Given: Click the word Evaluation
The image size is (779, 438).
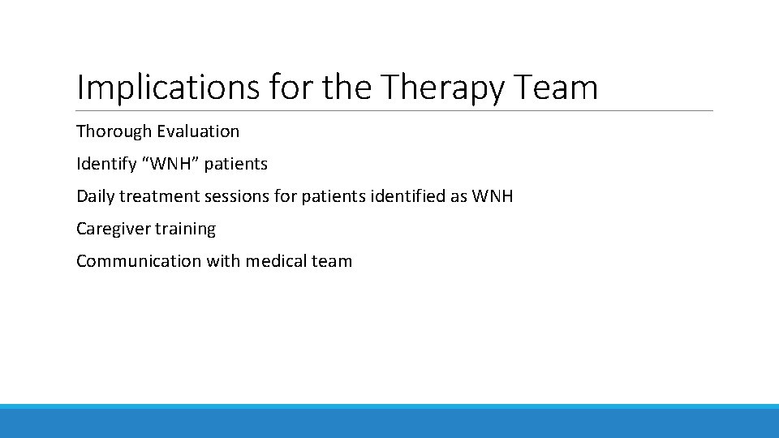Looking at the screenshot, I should coord(199,131).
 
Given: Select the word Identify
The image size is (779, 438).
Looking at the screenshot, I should coord(106,164).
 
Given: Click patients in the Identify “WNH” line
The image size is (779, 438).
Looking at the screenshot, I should coord(235,164).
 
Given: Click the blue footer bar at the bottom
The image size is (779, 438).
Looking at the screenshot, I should coord(389,422).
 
